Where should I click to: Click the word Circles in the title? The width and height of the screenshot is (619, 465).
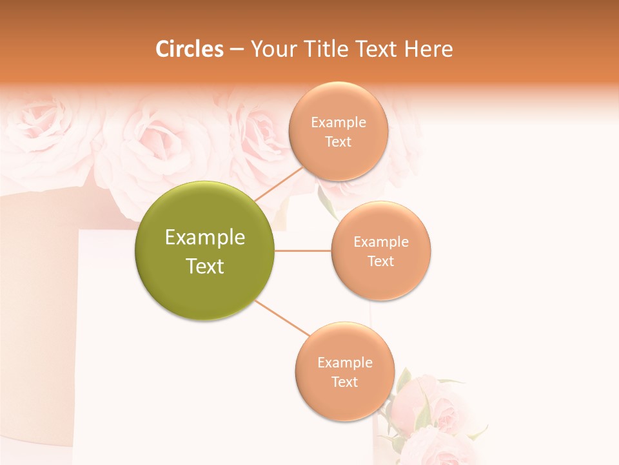[x=189, y=49]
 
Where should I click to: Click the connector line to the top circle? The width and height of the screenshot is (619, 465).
[x=279, y=185]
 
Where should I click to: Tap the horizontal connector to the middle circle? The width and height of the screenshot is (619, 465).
[x=302, y=251]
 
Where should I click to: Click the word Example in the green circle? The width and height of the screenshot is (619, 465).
[x=205, y=238]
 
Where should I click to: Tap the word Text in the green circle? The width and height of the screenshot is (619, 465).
[x=205, y=266]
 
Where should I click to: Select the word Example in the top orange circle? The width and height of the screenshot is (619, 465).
[x=339, y=123]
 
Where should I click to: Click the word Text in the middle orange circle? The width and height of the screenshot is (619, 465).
[x=381, y=261]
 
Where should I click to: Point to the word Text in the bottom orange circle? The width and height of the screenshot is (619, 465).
[x=344, y=382]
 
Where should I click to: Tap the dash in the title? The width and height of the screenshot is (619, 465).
[x=237, y=49]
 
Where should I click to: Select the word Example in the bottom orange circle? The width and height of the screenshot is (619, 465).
[x=345, y=362]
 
